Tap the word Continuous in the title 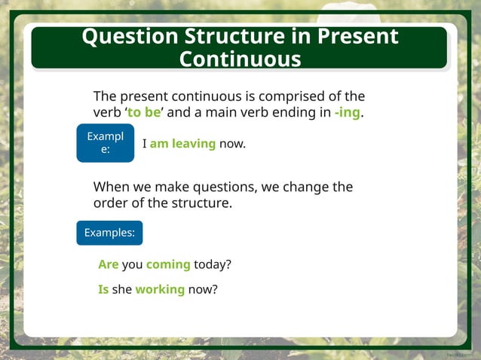point(240,59)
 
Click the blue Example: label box point(105,143)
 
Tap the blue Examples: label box point(109,233)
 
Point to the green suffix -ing point(347,113)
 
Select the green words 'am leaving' point(182,144)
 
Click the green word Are point(109,265)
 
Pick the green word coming point(168,265)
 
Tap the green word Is point(103,289)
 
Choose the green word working point(160,289)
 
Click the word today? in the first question point(213,265)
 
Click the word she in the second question point(122,289)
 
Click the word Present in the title point(357,37)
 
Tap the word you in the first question point(133,265)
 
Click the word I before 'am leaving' point(144,144)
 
